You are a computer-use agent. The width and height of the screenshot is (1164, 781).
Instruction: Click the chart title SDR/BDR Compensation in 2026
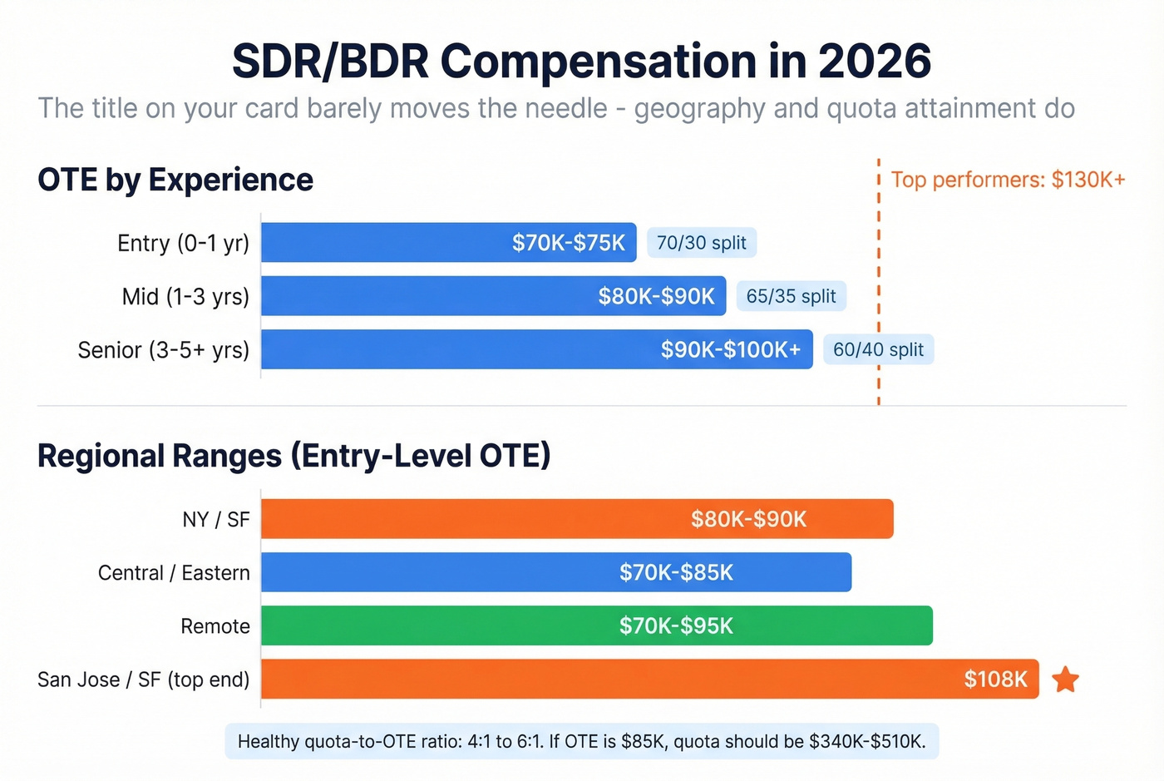[x=581, y=62]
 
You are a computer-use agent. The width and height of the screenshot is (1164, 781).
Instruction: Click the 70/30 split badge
[x=702, y=243]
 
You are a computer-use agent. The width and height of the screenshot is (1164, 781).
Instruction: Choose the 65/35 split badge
[x=791, y=296]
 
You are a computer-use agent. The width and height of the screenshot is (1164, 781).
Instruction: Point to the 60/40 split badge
[x=878, y=349]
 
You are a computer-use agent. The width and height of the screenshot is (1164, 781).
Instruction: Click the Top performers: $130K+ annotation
[x=1008, y=180]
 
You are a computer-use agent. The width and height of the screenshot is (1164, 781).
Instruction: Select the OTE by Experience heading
[x=175, y=180]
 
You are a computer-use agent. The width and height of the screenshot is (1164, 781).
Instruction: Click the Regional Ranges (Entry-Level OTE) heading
[x=294, y=456]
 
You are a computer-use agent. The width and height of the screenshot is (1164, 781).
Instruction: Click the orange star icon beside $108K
[x=1065, y=680]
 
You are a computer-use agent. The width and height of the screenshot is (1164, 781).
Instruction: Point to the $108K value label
[x=995, y=680]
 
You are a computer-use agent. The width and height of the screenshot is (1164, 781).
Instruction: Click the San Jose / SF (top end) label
[x=144, y=680]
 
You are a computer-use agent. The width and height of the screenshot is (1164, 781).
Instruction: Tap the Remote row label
[x=215, y=626]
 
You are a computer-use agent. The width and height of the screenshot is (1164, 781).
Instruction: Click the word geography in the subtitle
[x=699, y=108]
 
